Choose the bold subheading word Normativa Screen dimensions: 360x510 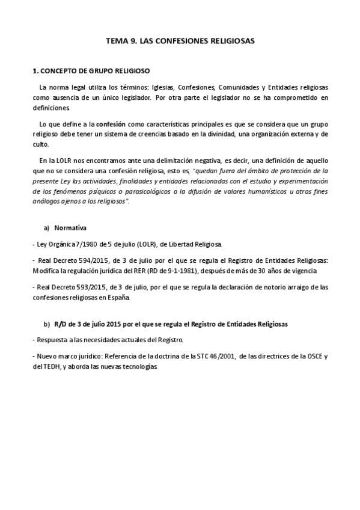70,228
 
